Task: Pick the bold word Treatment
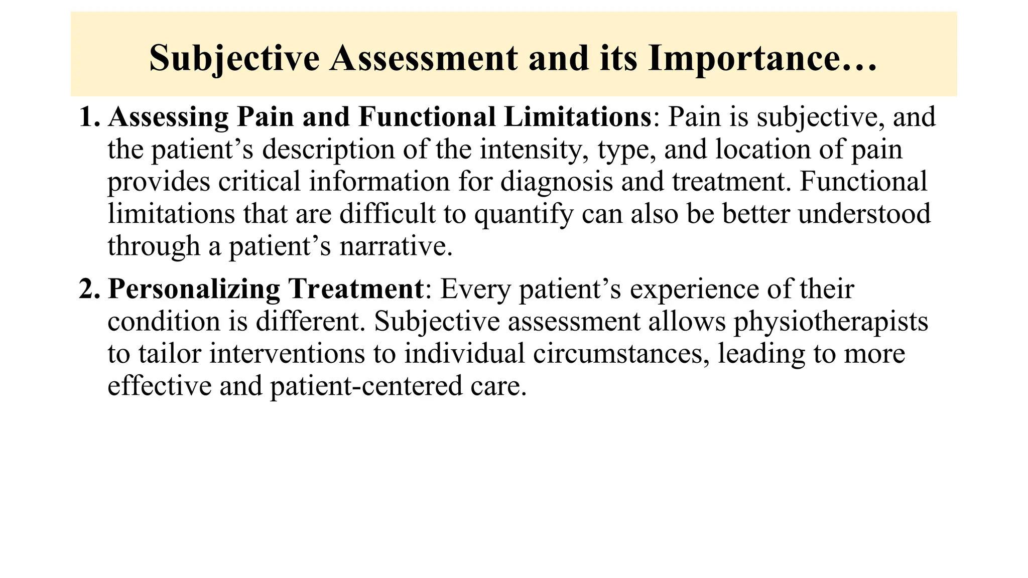pos(356,289)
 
